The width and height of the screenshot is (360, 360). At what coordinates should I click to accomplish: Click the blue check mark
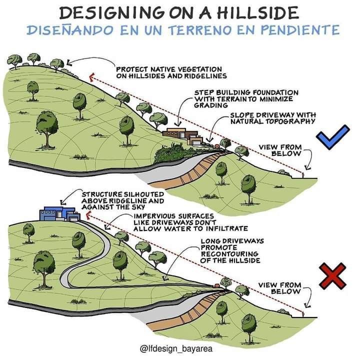(332, 137)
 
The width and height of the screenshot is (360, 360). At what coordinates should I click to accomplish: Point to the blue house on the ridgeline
(58, 212)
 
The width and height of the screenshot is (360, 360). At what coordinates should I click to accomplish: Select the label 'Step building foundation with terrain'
(246, 99)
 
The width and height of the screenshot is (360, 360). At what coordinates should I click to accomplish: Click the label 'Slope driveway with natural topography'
(272, 118)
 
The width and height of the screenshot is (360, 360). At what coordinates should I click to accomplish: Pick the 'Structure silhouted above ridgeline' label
(115, 199)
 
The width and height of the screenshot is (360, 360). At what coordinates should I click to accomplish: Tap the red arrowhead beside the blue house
(88, 214)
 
